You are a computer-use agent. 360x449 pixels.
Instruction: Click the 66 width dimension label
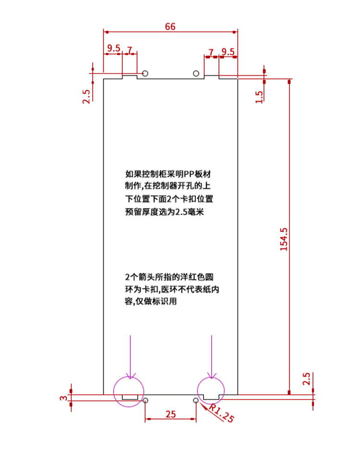(170, 27)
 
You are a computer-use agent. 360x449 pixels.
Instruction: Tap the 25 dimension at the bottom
(170, 414)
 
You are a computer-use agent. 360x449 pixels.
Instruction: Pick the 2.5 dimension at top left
(86, 97)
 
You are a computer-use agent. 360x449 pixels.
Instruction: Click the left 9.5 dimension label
(113, 49)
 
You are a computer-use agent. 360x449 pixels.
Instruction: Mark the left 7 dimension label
(129, 49)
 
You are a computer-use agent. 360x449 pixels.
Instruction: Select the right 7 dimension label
(211, 52)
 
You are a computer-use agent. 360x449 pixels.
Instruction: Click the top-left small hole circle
(145, 73)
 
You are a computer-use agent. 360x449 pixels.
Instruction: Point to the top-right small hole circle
(196, 73)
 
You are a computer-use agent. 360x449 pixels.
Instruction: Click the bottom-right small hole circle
(196, 400)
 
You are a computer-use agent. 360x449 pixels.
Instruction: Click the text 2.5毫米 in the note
(191, 212)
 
